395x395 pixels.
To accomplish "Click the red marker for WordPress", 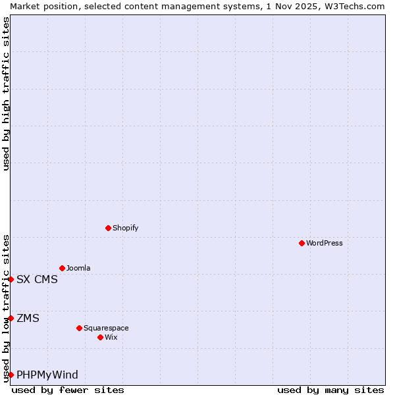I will pyautogui.click(x=302, y=243).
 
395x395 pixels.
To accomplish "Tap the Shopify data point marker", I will pyautogui.click(x=108, y=228).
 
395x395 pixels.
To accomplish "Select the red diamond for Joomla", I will pyautogui.click(x=62, y=268).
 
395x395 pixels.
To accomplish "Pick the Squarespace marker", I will pyautogui.click(x=79, y=328).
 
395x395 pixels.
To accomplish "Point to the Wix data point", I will pyautogui.click(x=100, y=337).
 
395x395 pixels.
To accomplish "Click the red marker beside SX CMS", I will pyautogui.click(x=11, y=279).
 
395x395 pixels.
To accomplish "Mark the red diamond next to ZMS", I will pyautogui.click(x=11, y=318).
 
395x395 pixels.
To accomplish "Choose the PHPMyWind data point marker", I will pyautogui.click(x=11, y=375).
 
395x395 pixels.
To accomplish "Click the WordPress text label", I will pyautogui.click(x=325, y=243).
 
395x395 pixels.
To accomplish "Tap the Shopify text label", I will pyautogui.click(x=125, y=228).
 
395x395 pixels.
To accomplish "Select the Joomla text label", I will pyautogui.click(x=78, y=268).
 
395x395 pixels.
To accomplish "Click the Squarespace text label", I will pyautogui.click(x=106, y=328).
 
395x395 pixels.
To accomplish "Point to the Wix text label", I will pyautogui.click(x=111, y=337).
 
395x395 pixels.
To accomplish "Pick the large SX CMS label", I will pyautogui.click(x=37, y=279).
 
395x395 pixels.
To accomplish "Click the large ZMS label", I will pyautogui.click(x=28, y=318).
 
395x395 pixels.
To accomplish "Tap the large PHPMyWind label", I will pyautogui.click(x=47, y=375).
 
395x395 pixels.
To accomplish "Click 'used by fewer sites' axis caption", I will pyautogui.click(x=68, y=390).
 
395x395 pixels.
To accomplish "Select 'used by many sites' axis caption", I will pyautogui.click(x=330, y=390).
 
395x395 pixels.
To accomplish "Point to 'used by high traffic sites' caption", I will pyautogui.click(x=6, y=93).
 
